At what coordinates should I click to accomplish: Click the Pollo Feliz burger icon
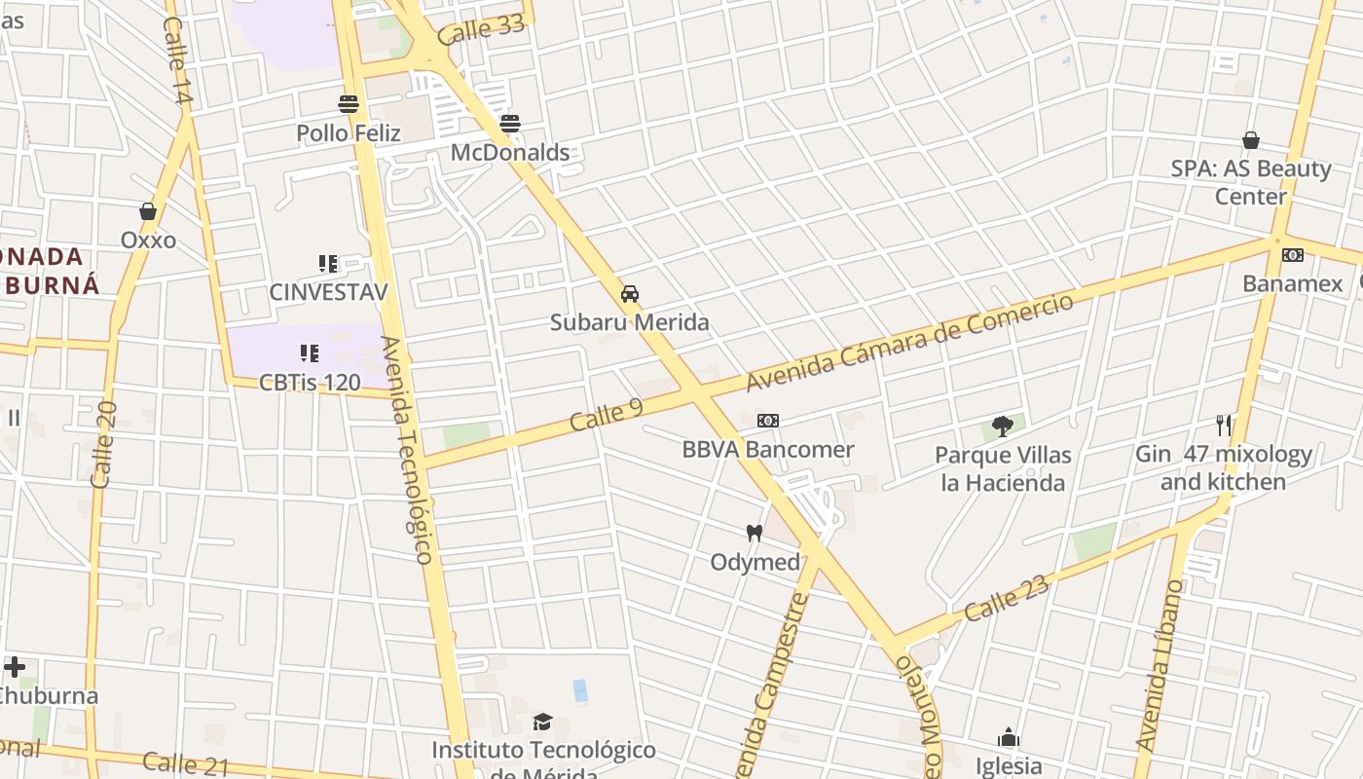coord(349,103)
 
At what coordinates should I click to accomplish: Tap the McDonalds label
coord(510,153)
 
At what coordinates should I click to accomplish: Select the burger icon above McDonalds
coord(510,124)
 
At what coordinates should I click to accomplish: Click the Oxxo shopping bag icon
coord(148,211)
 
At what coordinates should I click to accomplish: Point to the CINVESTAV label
coord(328,291)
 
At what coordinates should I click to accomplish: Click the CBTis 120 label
coord(310,382)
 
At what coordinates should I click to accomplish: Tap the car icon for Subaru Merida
coord(630,294)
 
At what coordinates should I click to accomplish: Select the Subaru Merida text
coord(630,322)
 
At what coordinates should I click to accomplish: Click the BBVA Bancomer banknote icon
coord(768,421)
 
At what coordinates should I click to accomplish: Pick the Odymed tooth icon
coord(754,533)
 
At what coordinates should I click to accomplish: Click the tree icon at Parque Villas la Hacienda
coord(1003,425)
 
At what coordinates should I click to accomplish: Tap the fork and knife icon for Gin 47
coord(1224,425)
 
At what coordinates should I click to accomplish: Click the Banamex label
coord(1292,283)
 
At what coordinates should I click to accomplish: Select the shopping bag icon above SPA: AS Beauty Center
coord(1251,140)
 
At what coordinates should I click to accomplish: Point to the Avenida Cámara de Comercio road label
coord(910,341)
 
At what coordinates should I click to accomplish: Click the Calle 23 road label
coord(1007,598)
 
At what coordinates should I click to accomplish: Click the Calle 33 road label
coord(481,30)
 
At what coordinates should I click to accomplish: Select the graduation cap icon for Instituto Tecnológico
coord(542,722)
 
